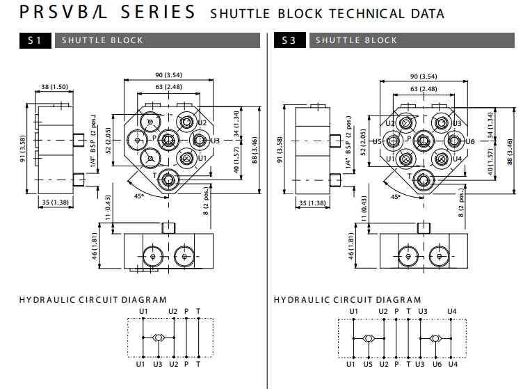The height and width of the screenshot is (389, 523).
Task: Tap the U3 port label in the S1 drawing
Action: [215, 141]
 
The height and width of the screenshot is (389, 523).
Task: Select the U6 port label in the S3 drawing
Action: [469, 141]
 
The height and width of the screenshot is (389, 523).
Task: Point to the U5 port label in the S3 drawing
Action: [377, 141]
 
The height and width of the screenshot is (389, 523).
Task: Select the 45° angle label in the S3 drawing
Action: [396, 197]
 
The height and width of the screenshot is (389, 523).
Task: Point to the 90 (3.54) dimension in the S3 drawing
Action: [424, 76]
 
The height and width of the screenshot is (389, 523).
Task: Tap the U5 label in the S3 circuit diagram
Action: [368, 364]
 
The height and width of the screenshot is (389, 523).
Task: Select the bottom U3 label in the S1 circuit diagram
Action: [158, 364]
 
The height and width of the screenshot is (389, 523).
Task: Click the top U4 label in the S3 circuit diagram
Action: [452, 310]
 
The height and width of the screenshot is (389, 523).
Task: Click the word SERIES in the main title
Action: [156, 13]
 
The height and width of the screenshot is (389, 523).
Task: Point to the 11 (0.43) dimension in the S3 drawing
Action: [363, 212]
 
